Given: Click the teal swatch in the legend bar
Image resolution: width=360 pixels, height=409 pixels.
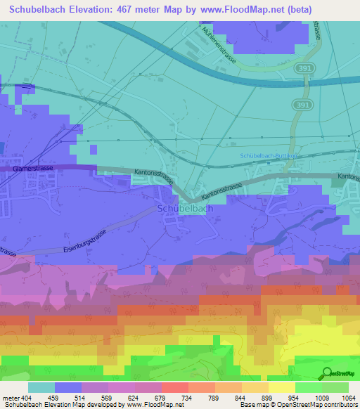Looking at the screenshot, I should coord(41,387).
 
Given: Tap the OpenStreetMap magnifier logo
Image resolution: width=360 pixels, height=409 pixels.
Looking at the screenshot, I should coord(328,374).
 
